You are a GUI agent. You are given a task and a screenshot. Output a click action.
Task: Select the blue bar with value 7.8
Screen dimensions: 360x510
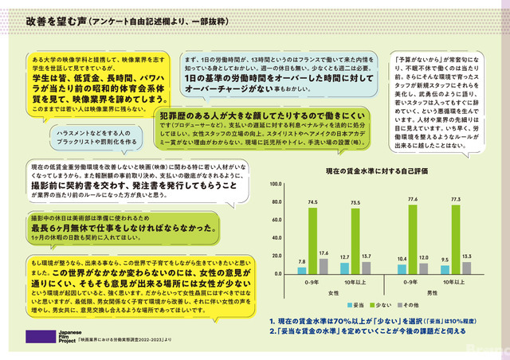[302, 270]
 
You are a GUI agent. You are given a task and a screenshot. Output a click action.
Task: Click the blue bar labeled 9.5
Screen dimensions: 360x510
[445, 269]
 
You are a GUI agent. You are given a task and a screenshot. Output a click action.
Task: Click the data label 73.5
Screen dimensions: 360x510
[356, 203]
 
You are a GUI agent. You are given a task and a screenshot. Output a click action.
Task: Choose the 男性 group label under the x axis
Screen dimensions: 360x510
[435, 293]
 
